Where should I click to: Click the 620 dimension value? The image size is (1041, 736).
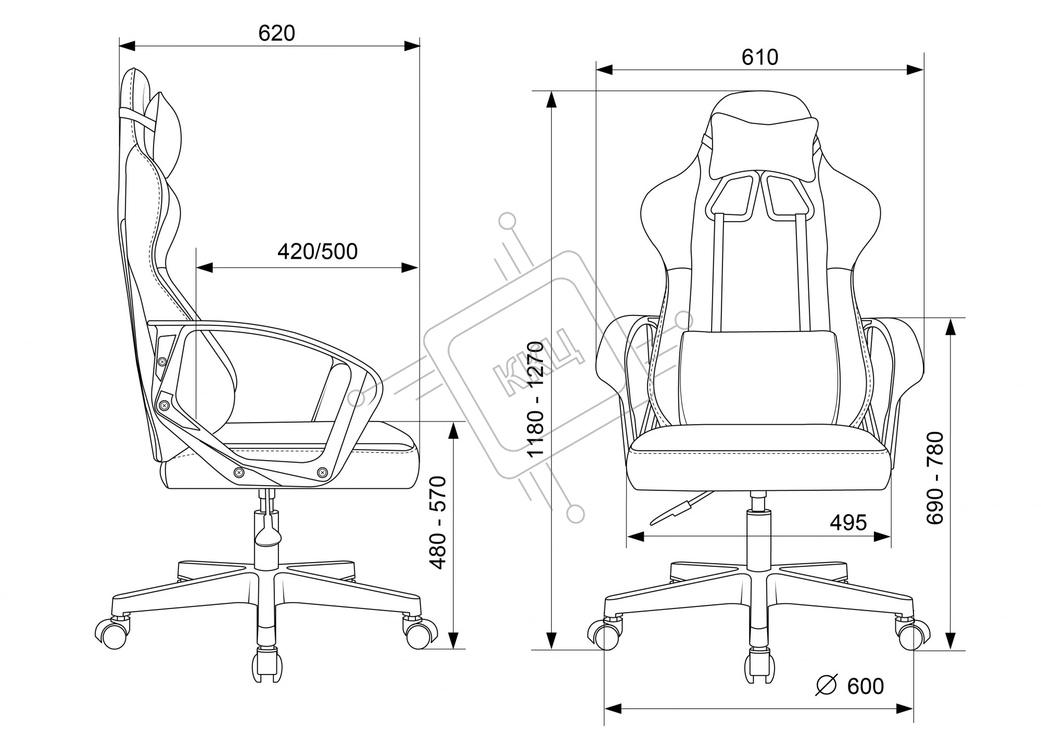pyautogui.click(x=276, y=33)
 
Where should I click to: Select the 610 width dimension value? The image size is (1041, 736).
pyautogui.click(x=760, y=57)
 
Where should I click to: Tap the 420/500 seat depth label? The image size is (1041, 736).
pyautogui.click(x=318, y=251)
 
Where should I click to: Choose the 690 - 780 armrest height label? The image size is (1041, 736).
pyautogui.click(x=935, y=478)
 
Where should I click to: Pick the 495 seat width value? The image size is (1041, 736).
pyautogui.click(x=848, y=522)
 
